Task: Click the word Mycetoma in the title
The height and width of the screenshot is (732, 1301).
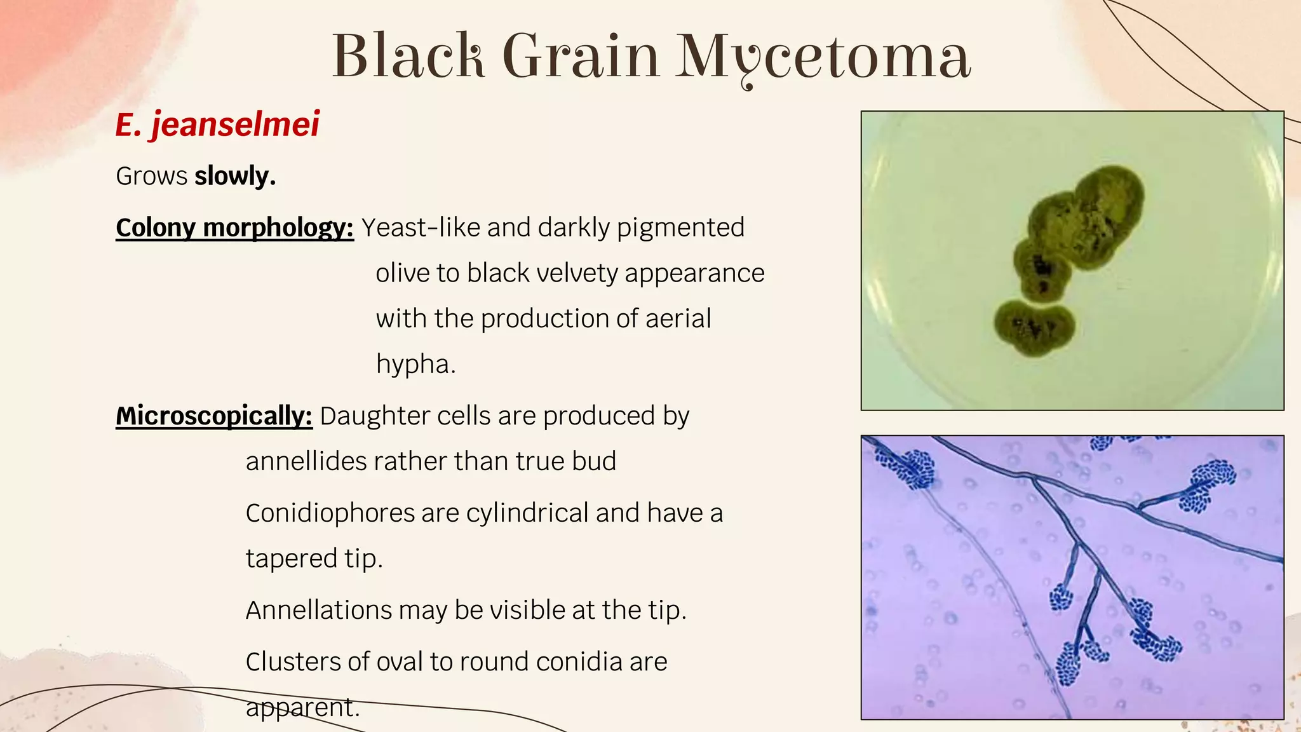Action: coord(822,57)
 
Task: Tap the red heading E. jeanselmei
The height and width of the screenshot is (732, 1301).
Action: coord(217,124)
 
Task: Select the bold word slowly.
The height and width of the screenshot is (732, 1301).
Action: coord(235,176)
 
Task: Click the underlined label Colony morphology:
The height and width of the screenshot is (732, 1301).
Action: coord(234,227)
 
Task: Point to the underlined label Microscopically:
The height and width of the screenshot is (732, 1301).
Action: coord(214,416)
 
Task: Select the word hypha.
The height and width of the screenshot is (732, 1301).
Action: coord(415,364)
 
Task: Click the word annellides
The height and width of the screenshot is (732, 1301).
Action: coord(307,461)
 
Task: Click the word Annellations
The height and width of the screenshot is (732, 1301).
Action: coord(319,610)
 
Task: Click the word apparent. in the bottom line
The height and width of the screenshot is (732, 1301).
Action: coord(302,707)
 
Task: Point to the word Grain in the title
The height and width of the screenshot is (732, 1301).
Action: coord(581,57)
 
